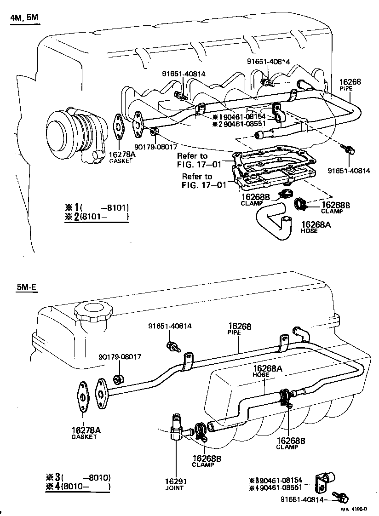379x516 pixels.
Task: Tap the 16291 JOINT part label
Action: click(175, 484)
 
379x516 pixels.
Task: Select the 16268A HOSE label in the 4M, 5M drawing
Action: click(309, 227)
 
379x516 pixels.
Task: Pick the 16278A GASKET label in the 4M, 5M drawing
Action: click(122, 157)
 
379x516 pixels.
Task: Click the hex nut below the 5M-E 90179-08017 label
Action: click(117, 379)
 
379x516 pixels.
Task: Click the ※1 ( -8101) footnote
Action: click(97, 207)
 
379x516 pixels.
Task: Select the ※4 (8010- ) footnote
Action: click(78, 487)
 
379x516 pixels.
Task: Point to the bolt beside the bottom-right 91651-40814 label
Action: click(343, 498)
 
